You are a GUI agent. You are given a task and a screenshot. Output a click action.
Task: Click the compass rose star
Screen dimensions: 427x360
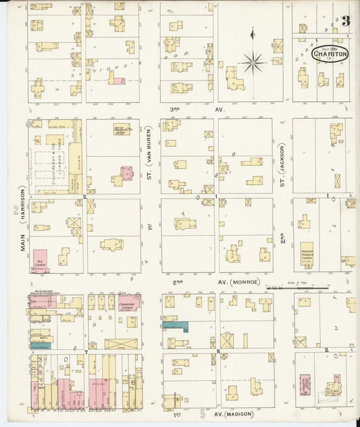253,63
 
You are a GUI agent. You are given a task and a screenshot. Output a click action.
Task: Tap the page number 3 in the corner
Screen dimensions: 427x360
345,21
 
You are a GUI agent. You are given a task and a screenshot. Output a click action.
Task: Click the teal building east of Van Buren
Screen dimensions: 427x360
175,326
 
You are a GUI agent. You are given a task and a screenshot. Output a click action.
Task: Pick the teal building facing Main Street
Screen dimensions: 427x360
40,345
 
